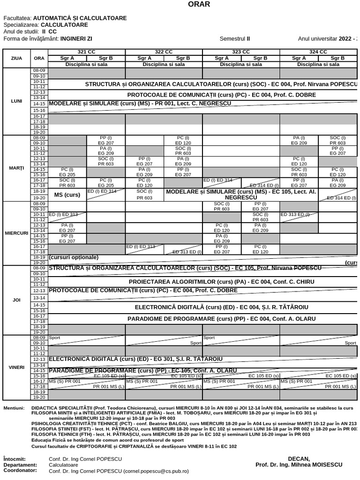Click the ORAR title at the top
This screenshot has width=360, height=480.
[x=199, y=4]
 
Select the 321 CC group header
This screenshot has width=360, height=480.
[x=86, y=52]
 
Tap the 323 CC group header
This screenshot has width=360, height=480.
[x=240, y=52]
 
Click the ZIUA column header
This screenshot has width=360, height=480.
[x=16, y=58]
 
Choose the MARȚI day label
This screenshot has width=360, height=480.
[x=16, y=168]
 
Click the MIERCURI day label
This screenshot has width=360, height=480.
[x=16, y=233]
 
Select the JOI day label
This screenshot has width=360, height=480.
[x=16, y=300]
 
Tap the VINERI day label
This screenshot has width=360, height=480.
[x=16, y=367]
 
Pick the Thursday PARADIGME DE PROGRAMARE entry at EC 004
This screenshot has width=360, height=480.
[x=221, y=319]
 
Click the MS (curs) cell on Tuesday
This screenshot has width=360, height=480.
[x=67, y=195]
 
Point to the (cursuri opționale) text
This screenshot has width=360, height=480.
[x=74, y=257]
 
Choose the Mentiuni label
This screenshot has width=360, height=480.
[x=14, y=408]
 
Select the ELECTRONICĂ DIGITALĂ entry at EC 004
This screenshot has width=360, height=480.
[x=221, y=307]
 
